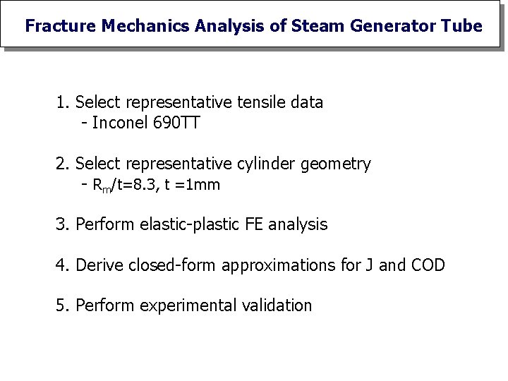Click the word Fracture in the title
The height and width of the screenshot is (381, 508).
coord(61,26)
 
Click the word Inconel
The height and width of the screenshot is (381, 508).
coord(120,123)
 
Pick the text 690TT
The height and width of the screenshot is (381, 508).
coord(176,123)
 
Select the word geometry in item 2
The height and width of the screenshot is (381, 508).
coord(335,165)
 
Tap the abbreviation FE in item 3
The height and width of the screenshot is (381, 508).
coord(254,225)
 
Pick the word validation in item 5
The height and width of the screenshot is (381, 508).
coord(277,306)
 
